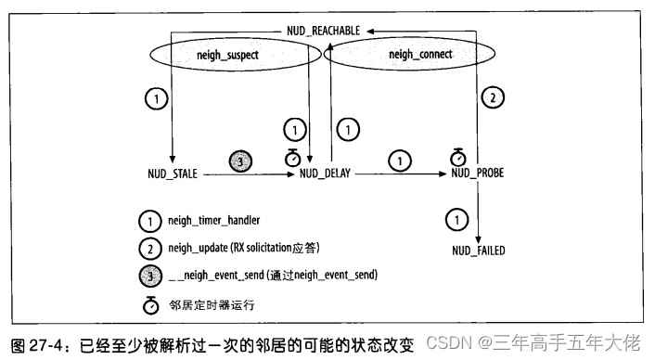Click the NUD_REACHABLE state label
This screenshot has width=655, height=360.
(323, 29)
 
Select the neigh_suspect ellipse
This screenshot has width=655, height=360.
(227, 57)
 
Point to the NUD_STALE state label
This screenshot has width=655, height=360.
(173, 173)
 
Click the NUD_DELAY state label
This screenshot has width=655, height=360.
(326, 173)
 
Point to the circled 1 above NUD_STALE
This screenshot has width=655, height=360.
(158, 98)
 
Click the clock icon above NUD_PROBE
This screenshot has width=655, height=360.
(456, 156)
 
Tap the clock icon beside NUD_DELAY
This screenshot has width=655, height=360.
(292, 159)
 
